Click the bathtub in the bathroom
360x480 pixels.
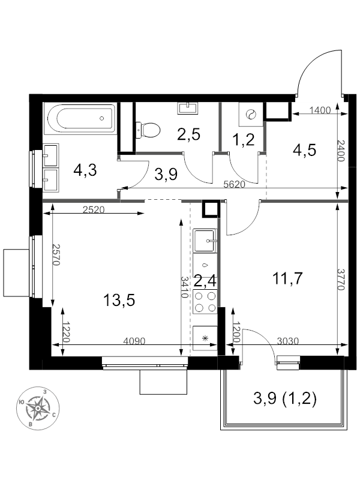(80, 118)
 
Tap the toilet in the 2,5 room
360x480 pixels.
(148, 130)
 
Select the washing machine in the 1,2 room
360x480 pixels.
(251, 115)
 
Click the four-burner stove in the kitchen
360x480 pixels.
(205, 302)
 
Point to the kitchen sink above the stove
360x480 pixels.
(205, 241)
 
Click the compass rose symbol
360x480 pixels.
(37, 408)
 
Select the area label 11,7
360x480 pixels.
(287, 278)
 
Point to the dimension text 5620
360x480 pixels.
(234, 185)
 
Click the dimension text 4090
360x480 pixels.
(134, 341)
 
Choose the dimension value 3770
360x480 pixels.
(342, 280)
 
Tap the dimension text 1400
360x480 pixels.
(320, 110)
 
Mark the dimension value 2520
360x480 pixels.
(94, 209)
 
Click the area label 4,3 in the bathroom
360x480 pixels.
(85, 170)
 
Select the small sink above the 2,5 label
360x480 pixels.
(188, 108)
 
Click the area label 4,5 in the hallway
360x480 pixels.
(304, 150)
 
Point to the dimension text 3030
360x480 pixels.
(288, 341)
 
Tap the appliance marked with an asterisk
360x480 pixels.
(205, 338)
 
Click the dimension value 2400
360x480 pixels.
(342, 151)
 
